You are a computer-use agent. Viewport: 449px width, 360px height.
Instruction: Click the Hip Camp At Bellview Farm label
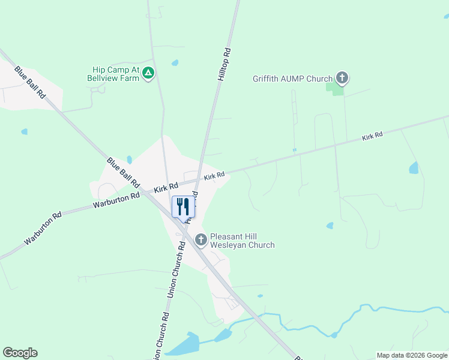[112, 74]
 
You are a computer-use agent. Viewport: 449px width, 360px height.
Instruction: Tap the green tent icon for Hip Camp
[149, 73]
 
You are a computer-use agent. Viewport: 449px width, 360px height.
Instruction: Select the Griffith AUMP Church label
[292, 79]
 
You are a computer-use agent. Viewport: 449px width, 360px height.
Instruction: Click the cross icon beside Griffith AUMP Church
[342, 77]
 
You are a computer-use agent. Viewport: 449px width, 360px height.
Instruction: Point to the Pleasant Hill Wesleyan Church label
[243, 240]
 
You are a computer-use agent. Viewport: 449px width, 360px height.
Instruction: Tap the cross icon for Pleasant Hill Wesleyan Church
[200, 240]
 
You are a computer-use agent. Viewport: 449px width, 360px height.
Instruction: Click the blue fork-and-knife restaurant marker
[184, 206]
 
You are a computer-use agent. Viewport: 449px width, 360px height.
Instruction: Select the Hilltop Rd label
[223, 65]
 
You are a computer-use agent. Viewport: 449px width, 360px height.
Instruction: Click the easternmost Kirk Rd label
[372, 137]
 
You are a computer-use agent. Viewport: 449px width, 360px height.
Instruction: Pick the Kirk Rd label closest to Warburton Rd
[166, 187]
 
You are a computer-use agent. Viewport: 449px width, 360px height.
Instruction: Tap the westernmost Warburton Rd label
[43, 228]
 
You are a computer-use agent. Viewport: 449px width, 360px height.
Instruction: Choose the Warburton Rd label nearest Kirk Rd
[116, 200]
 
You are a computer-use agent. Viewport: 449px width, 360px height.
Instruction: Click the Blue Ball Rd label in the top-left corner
[31, 82]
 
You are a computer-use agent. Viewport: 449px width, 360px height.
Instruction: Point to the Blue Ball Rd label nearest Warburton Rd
[123, 173]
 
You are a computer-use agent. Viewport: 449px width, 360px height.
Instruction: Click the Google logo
[20, 353]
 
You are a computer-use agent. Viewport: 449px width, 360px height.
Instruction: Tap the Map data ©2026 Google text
[411, 355]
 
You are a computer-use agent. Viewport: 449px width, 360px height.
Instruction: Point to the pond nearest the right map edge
[414, 168]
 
